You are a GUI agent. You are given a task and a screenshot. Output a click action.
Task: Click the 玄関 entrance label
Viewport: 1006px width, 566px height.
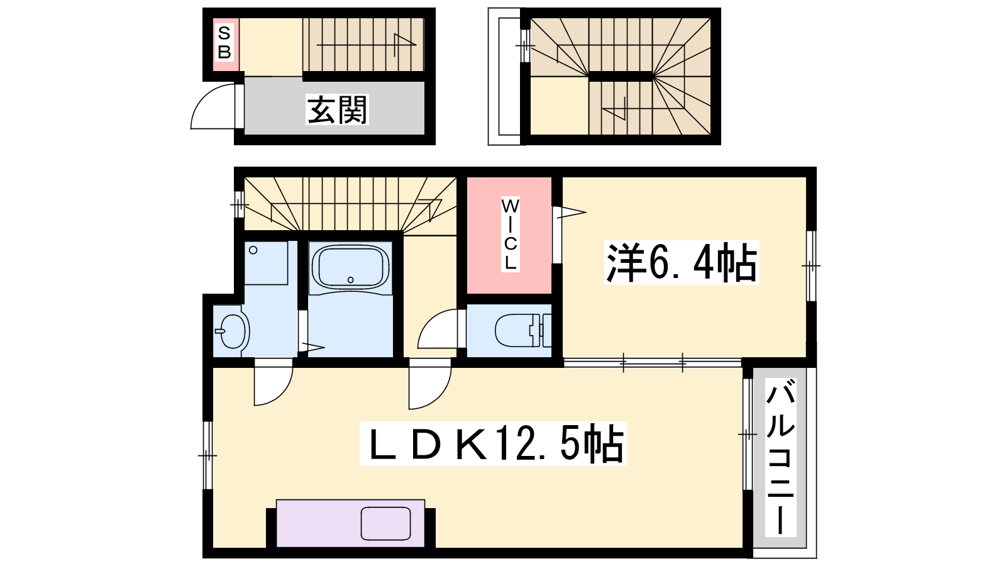(337, 109)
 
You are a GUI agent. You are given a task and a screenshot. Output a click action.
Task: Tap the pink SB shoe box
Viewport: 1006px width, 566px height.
(226, 45)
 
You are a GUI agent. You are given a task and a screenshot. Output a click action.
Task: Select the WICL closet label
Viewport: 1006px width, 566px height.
(510, 235)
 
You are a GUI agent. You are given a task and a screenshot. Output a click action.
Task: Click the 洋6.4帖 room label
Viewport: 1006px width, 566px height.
(682, 263)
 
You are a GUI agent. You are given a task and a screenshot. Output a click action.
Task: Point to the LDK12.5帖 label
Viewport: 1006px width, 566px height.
(493, 443)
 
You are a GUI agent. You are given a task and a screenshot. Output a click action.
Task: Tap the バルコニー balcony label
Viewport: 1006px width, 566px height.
(780, 457)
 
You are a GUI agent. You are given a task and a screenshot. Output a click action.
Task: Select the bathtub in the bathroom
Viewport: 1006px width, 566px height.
(350, 267)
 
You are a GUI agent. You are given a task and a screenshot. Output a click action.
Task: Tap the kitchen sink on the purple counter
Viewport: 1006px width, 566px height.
(386, 523)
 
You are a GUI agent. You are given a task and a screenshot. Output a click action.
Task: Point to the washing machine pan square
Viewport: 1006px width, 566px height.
(266, 263)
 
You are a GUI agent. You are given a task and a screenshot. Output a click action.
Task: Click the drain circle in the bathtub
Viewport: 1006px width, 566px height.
(350, 280)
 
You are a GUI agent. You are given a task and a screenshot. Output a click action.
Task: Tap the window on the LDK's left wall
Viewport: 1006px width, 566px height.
(207, 455)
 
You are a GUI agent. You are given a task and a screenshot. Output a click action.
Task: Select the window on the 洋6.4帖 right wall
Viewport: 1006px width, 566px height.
(811, 266)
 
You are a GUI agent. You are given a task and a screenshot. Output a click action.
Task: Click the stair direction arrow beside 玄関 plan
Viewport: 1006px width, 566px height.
(367, 45)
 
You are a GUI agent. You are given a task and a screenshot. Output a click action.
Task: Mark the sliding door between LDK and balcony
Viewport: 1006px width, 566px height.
(748, 435)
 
